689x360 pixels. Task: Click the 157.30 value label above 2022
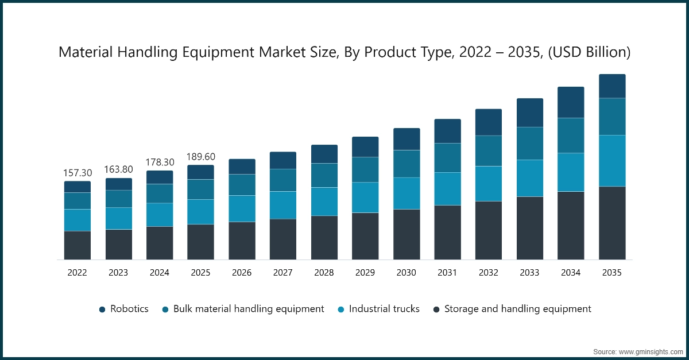tap(77, 173)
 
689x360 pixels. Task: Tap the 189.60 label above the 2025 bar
tap(200, 157)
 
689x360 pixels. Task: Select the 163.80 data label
tap(118, 169)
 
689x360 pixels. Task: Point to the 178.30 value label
tap(160, 162)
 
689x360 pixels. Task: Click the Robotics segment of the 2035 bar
tap(611, 86)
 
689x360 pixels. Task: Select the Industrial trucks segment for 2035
tap(611, 161)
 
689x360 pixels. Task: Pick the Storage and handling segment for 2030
tap(407, 234)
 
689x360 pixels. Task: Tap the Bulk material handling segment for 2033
tap(529, 144)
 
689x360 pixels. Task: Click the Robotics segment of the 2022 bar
tap(77, 187)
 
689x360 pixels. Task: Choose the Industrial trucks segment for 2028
tap(324, 202)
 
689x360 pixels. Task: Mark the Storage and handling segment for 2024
tap(160, 243)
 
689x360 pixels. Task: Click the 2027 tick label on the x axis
tap(282, 273)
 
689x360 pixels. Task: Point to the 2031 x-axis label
tap(447, 273)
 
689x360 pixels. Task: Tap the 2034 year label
tap(571, 273)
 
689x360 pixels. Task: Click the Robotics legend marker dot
tap(102, 309)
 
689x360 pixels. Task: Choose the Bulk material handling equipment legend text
tap(249, 309)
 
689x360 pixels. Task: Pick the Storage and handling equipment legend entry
tap(517, 309)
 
